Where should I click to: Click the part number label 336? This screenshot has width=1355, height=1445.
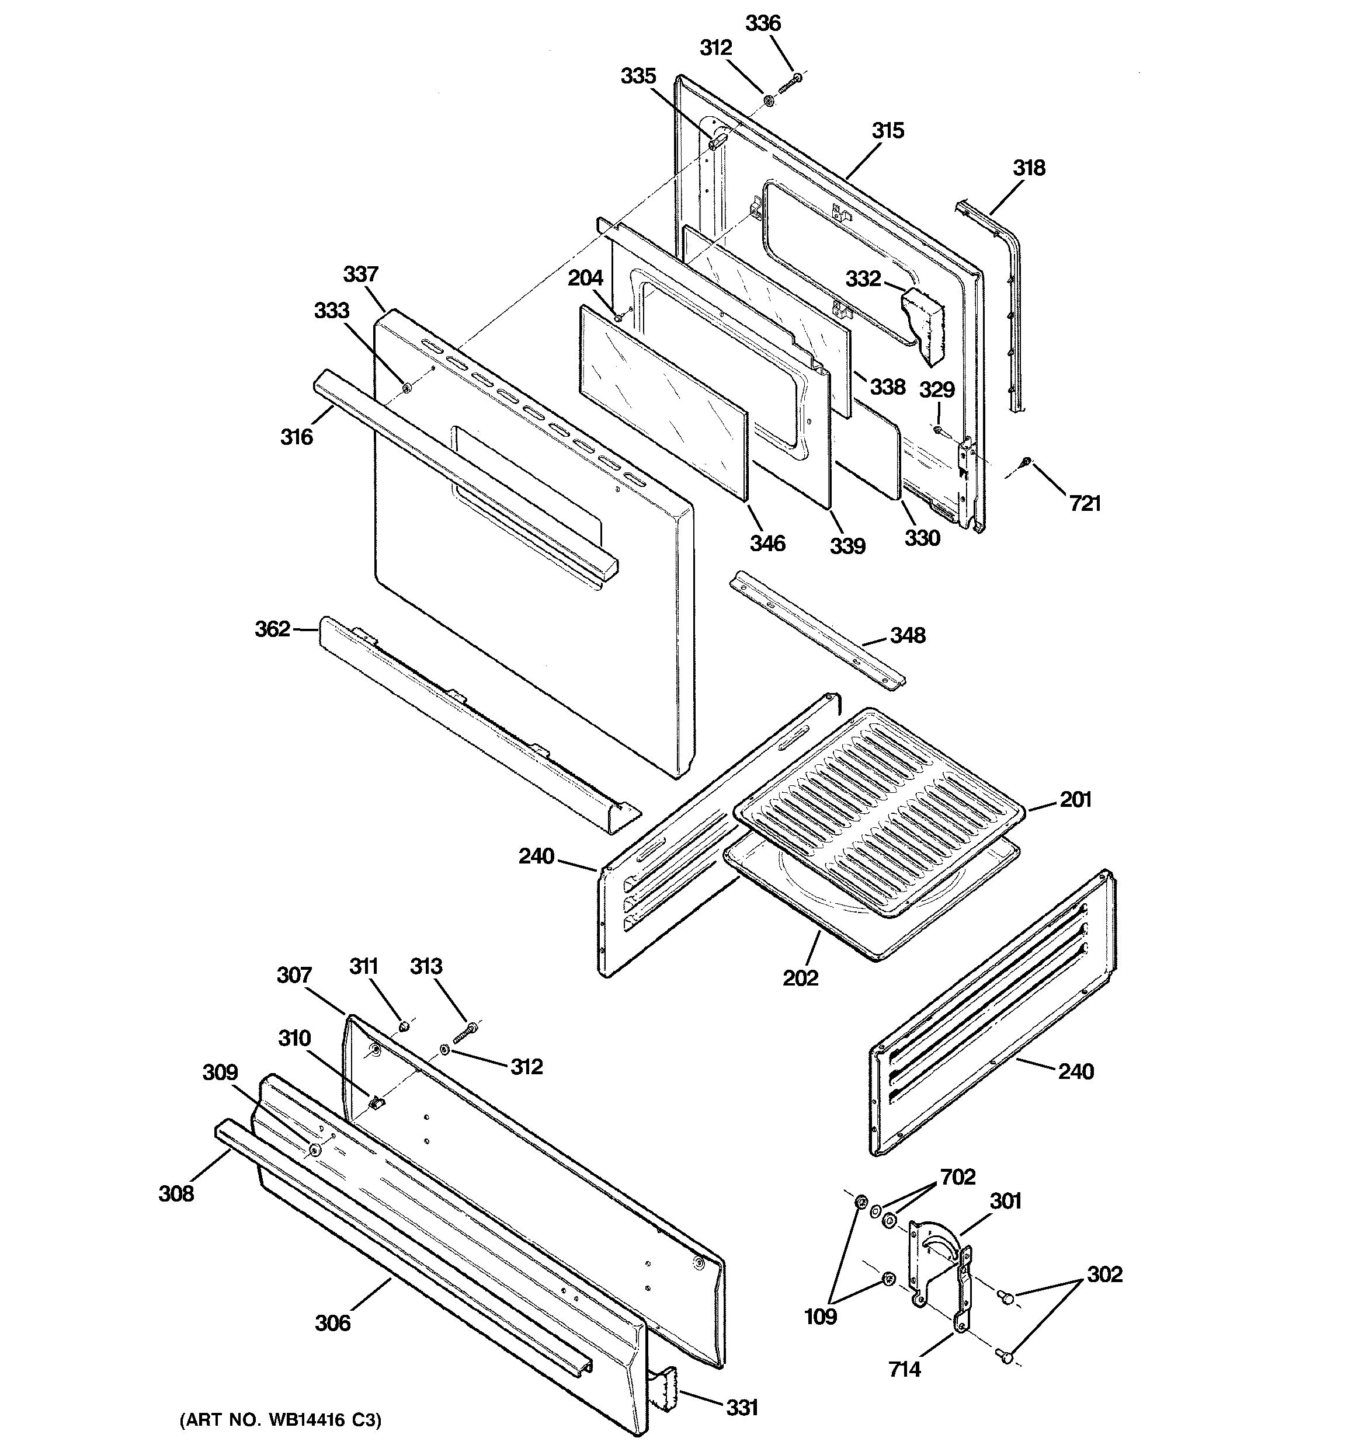pyautogui.click(x=763, y=23)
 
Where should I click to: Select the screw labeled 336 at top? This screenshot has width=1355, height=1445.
pyautogui.click(x=790, y=83)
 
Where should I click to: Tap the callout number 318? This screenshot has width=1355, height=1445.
pyautogui.click(x=1029, y=168)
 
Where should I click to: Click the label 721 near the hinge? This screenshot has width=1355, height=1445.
pyautogui.click(x=1085, y=503)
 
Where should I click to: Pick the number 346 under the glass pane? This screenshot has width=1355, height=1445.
pyautogui.click(x=767, y=543)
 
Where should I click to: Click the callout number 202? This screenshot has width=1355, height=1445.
pyautogui.click(x=800, y=977)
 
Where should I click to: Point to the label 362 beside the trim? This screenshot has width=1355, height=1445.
pyautogui.click(x=273, y=629)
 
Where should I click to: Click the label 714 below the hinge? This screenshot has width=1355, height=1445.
pyautogui.click(x=904, y=1370)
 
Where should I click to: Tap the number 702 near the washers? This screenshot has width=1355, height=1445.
pyautogui.click(x=957, y=1177)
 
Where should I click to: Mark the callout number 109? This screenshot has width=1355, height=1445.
pyautogui.click(x=819, y=1317)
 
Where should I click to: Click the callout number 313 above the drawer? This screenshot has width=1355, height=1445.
pyautogui.click(x=426, y=966)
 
